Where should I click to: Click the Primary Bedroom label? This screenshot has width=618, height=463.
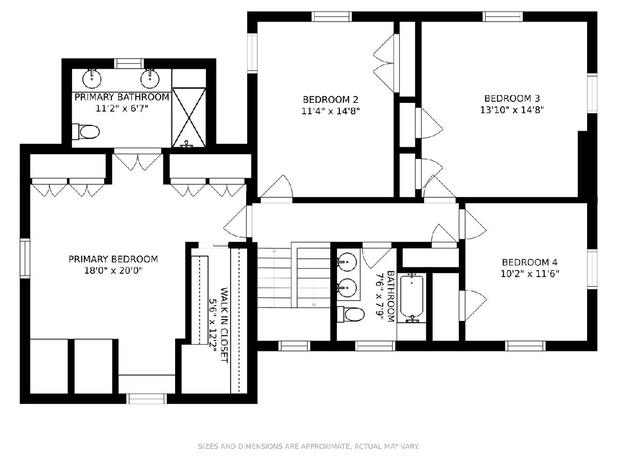(x=113, y=259)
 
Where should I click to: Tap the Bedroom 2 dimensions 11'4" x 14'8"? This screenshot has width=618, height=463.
(x=331, y=111)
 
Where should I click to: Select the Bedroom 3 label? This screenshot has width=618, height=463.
(x=512, y=98)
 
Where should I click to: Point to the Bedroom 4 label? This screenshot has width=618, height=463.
(x=529, y=262)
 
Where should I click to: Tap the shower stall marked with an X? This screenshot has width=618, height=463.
(x=189, y=117)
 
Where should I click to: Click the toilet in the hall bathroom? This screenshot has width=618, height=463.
(x=351, y=314)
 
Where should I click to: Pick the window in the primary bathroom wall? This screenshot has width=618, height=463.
(x=129, y=63)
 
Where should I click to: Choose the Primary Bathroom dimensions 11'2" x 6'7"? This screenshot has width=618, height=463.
(x=122, y=109)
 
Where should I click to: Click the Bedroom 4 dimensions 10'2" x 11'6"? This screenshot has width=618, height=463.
(x=529, y=274)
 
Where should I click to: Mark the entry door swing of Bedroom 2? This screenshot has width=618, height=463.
(x=277, y=187)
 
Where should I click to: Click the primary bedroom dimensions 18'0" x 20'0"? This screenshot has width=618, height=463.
(x=113, y=271)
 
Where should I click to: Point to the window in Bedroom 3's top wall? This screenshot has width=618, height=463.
(x=503, y=16)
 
